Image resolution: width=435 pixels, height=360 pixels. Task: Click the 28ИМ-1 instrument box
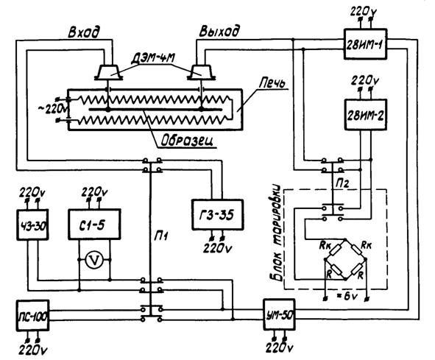365,44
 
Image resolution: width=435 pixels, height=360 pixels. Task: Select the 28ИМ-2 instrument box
366,115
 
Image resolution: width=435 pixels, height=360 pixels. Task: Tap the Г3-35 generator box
218,214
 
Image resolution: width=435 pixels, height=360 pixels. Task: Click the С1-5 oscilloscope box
94,224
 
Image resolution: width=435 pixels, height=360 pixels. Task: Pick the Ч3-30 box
32,225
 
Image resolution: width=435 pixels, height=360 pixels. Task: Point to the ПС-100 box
32,316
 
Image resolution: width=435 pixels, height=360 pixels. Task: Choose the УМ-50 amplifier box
279,314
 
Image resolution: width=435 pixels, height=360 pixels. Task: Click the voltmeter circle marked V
94,260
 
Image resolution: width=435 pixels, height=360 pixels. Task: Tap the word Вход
83,32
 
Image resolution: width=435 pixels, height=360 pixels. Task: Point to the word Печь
272,83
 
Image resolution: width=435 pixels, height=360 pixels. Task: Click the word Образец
188,141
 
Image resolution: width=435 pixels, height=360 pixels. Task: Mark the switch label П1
161,237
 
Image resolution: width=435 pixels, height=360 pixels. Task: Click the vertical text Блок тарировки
277,233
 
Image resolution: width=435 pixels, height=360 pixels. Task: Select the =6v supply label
347,296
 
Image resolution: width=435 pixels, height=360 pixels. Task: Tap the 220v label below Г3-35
218,247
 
